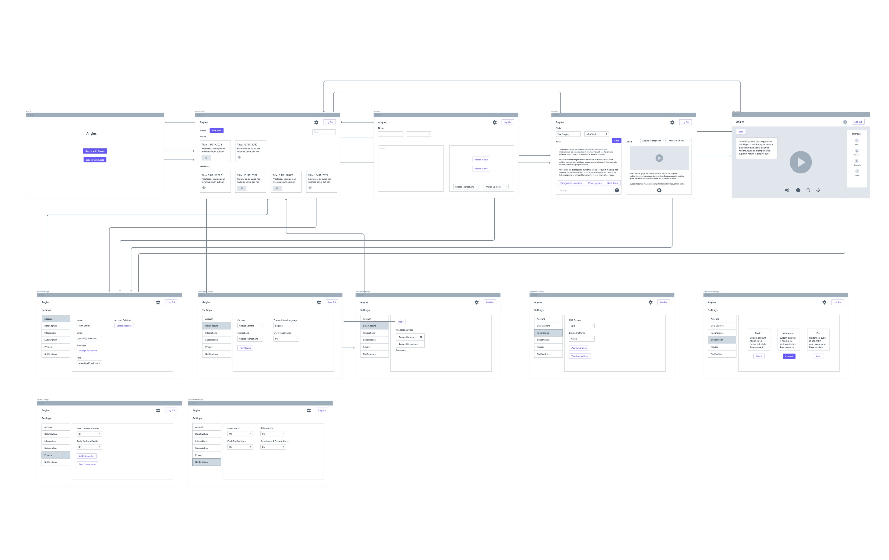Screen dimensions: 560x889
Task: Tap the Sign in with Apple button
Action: tap(95, 160)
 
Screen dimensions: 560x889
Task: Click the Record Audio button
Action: tap(481, 160)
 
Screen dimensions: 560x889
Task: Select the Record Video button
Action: tap(481, 169)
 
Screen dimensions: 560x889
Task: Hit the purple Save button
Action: tap(616, 141)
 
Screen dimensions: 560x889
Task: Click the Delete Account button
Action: tap(124, 326)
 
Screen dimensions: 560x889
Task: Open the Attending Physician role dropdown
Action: tap(89, 363)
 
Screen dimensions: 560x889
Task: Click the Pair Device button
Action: tap(245, 348)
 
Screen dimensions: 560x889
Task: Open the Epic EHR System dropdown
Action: tap(581, 326)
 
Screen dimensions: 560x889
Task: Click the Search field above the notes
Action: tap(324, 132)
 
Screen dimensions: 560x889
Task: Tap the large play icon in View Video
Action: tap(801, 162)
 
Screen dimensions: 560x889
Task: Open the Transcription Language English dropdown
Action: tap(286, 326)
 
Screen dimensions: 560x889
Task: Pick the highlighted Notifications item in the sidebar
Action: tap(206, 462)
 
